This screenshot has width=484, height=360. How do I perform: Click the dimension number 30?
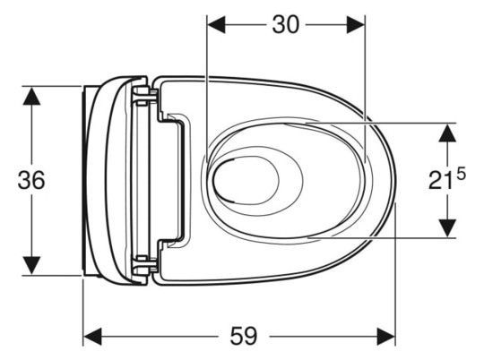pyautogui.click(x=286, y=25)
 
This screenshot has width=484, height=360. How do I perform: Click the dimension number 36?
pyautogui.click(x=31, y=180)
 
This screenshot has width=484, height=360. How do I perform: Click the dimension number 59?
pyautogui.click(x=244, y=336)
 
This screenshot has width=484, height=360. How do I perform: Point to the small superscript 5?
pyautogui.click(x=461, y=175)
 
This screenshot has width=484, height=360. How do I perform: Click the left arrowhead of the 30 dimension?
pyautogui.click(x=216, y=25)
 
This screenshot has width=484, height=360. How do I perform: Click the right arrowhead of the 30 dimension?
pyautogui.click(x=356, y=25)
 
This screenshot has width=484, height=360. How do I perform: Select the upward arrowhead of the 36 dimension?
pyautogui.click(x=31, y=96)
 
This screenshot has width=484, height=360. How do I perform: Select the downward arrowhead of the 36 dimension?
pyautogui.click(x=31, y=265)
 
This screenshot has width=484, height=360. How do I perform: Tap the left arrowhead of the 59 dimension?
pyautogui.click(x=92, y=337)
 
